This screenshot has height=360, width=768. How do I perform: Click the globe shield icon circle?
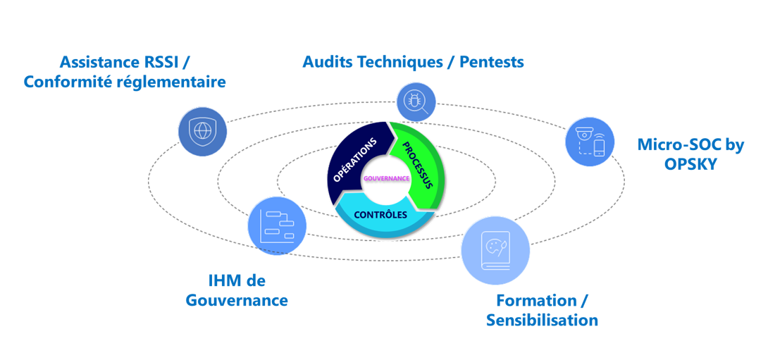[202, 131]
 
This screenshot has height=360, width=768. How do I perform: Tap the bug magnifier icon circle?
[416, 101]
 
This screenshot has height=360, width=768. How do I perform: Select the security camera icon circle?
[590, 142]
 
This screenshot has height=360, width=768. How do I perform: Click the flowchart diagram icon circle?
[277, 226]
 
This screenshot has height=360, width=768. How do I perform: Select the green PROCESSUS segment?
[420, 166]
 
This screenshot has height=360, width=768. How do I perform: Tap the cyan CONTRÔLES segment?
[381, 215]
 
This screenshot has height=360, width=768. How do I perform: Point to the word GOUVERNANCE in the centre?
[386, 178]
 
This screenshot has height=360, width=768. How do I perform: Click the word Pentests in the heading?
[491, 61]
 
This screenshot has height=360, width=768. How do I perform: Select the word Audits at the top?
[329, 61]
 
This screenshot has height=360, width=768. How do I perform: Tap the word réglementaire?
[177, 82]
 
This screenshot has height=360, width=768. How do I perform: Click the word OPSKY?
[690, 165]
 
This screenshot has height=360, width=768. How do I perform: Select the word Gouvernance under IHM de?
[237, 300]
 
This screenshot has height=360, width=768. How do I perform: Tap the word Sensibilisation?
[542, 321]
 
